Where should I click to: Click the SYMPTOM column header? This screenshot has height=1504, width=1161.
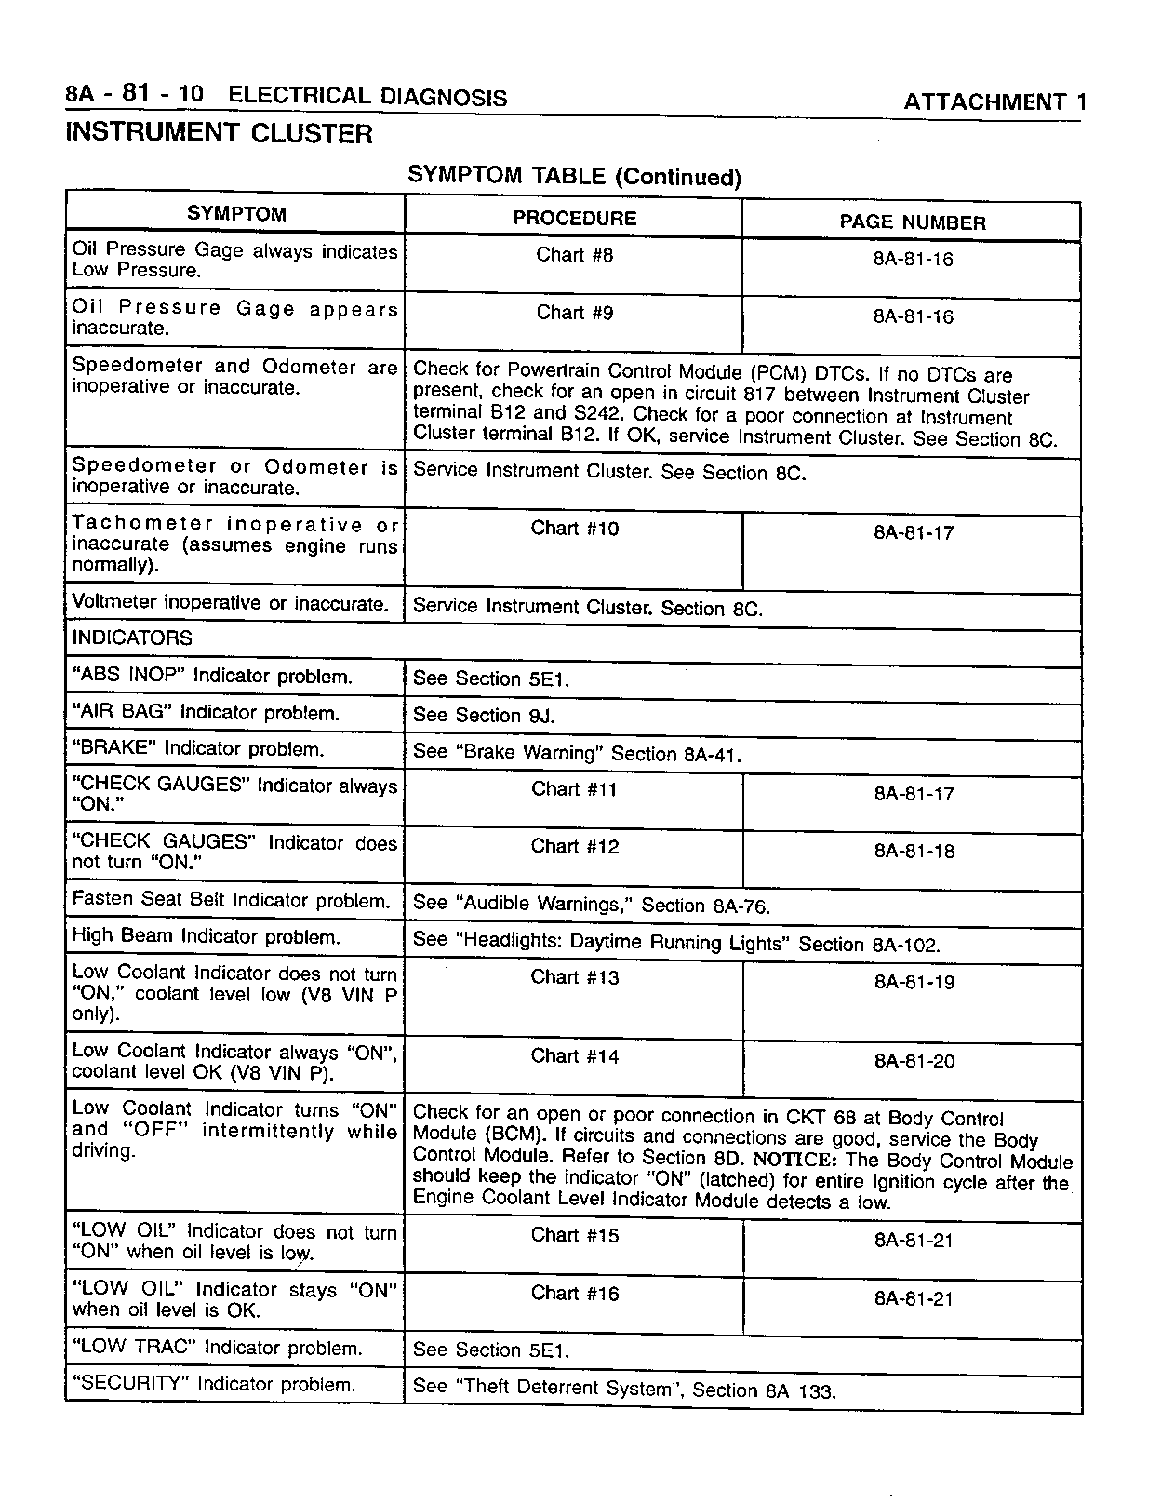coord(236,213)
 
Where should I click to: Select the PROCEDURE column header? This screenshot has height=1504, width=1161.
coord(574,218)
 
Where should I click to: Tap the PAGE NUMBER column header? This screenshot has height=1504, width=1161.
coord(912,222)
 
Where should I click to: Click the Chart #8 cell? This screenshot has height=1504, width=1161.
coord(574,255)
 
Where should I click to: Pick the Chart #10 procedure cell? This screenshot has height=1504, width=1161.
coord(574,529)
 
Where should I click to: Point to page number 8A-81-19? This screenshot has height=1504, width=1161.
coord(914,982)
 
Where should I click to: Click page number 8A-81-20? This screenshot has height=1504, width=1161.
coord(914,1061)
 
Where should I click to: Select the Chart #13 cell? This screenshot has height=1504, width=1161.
coord(574,977)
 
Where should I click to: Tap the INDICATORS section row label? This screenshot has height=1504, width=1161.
coord(132,638)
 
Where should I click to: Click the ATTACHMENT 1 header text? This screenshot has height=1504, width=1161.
coord(994,102)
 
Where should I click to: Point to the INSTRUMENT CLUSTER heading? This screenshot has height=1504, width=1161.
coord(219,133)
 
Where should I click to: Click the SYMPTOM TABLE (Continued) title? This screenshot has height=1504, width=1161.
coord(574,176)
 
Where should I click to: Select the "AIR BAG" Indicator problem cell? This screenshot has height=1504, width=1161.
coord(206,713)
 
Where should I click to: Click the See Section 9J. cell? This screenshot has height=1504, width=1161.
coord(483,716)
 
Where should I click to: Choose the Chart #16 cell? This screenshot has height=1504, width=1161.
coord(574,1294)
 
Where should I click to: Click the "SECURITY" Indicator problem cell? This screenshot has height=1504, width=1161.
coord(214,1384)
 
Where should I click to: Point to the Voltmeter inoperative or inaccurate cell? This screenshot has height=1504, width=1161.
coord(230,603)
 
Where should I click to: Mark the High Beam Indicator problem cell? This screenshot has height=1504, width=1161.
coord(206,937)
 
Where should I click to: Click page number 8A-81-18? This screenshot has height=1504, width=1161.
coord(914,851)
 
